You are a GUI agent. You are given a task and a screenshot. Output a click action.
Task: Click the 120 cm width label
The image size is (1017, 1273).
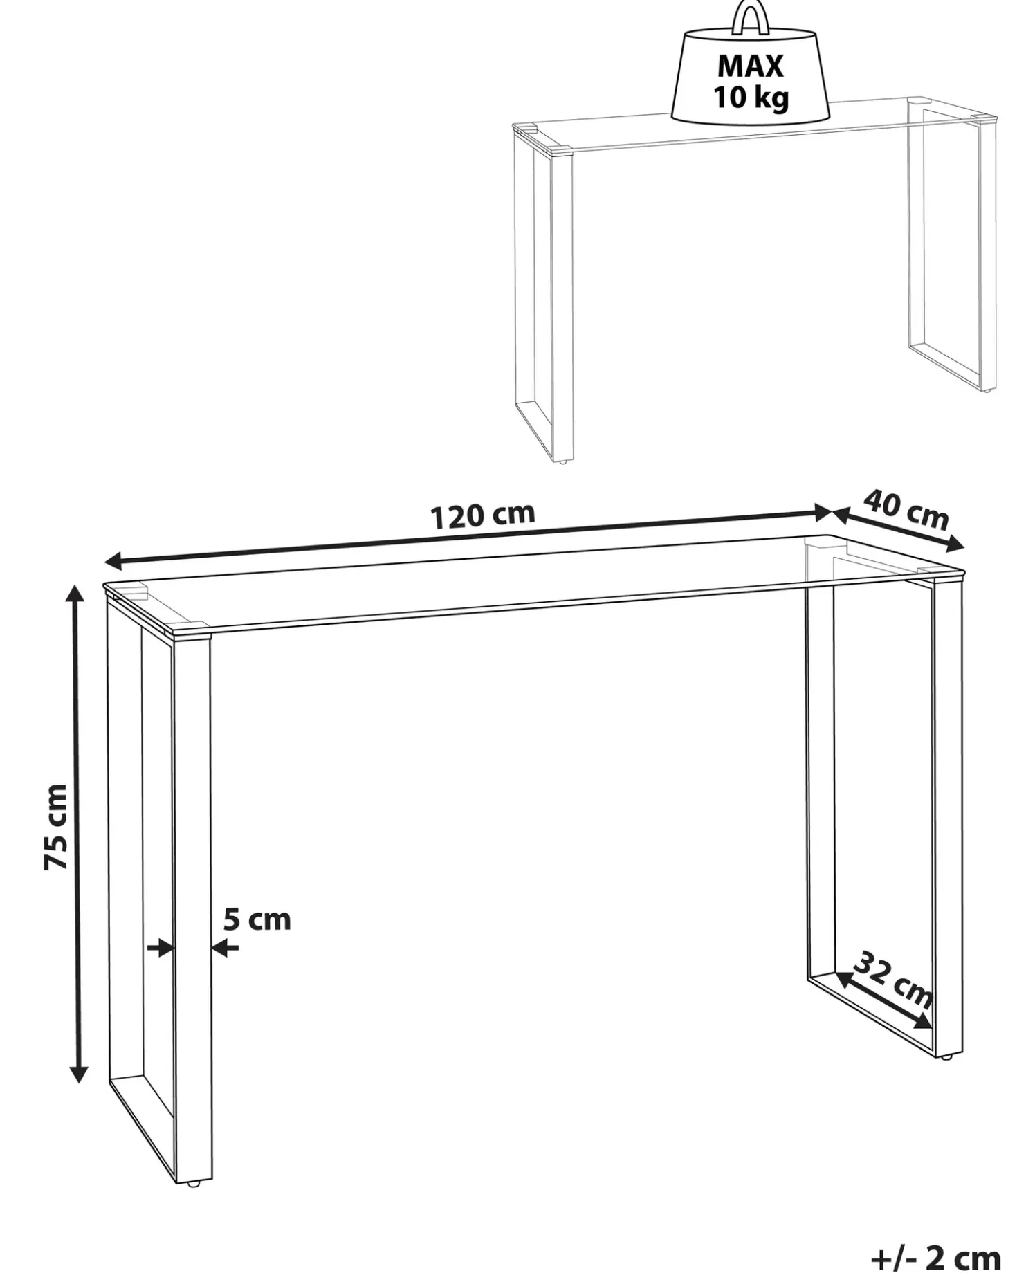[x=483, y=515]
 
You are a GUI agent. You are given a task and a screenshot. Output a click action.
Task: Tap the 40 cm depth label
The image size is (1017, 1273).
[x=906, y=509]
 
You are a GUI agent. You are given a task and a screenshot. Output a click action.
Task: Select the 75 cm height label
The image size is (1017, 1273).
[x=56, y=827]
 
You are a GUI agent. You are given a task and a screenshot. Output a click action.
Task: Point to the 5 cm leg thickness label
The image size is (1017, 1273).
[x=257, y=920]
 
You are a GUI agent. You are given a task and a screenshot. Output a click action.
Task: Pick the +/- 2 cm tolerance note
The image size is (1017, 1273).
[x=935, y=1256]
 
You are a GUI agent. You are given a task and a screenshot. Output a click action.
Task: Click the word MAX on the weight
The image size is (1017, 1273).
[x=751, y=66]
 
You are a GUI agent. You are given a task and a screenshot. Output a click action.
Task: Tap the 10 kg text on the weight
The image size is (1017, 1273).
[x=751, y=98]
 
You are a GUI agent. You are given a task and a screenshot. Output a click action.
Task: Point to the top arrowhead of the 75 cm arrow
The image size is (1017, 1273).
[x=77, y=593]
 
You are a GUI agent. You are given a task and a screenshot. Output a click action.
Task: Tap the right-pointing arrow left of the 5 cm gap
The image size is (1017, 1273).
[x=160, y=948]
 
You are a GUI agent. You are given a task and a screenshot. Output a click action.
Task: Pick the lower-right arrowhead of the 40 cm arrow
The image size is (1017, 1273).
[x=955, y=545]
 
